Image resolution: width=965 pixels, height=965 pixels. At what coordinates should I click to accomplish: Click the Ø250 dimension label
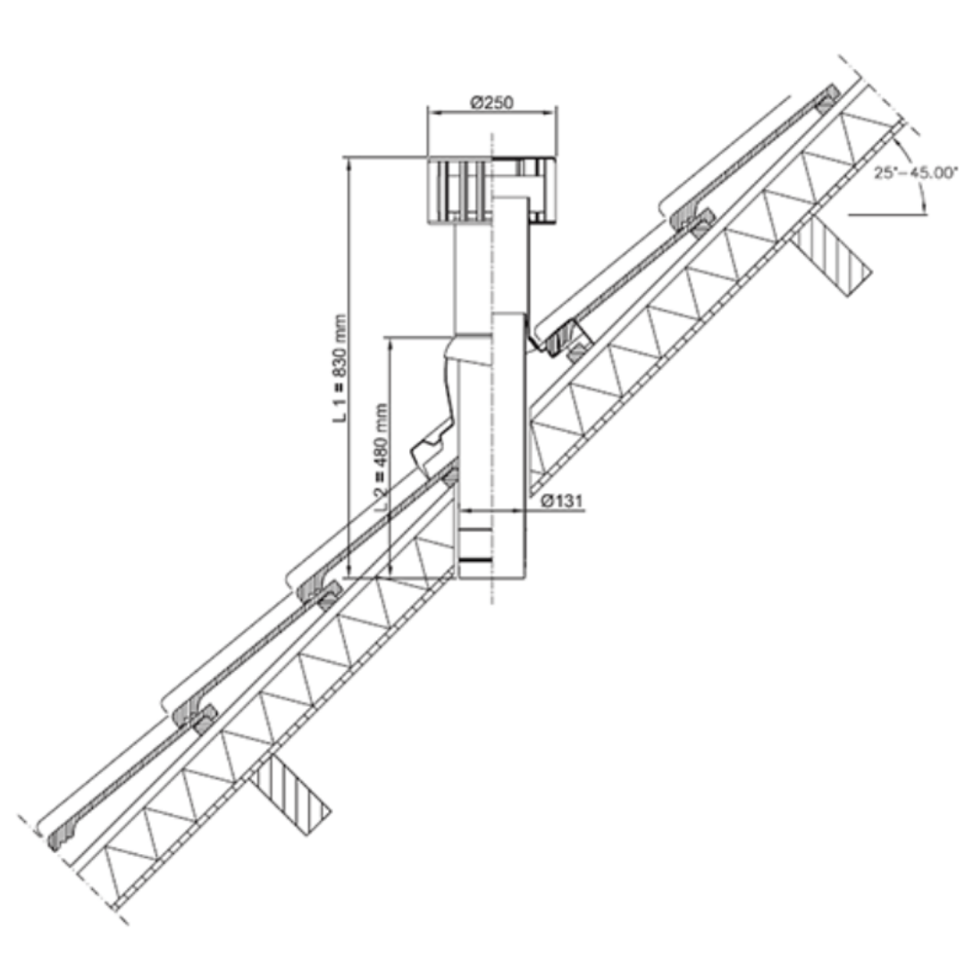491,102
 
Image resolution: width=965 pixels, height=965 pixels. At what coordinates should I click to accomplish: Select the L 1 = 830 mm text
340,369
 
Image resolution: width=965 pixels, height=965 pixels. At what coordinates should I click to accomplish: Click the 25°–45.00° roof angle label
916,172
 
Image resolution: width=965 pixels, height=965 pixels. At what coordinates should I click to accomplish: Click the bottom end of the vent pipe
492,577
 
